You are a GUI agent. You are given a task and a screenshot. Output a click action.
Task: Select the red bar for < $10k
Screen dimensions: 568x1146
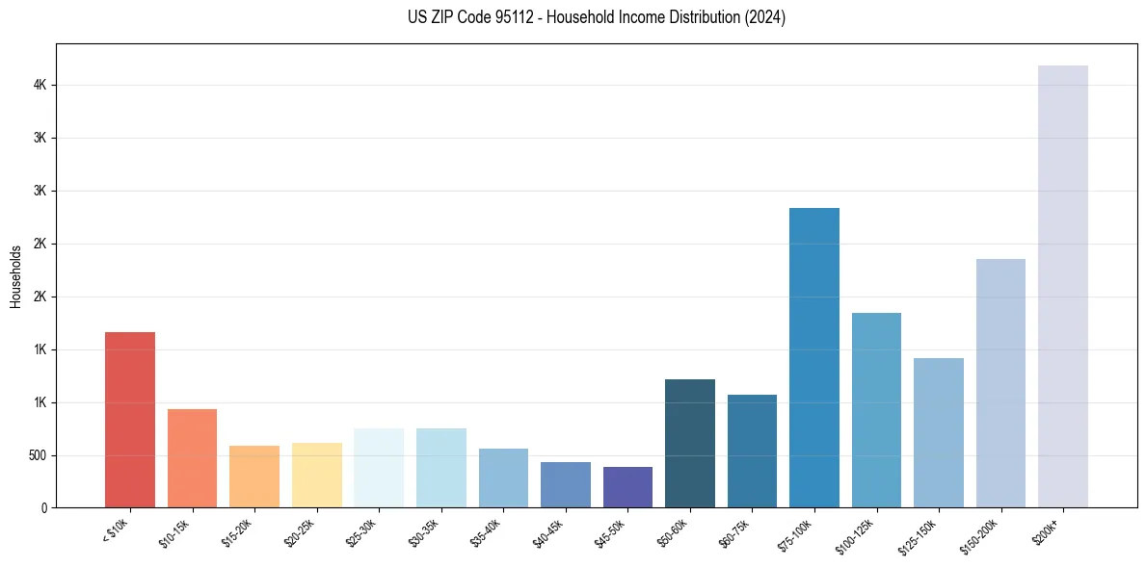click(x=130, y=420)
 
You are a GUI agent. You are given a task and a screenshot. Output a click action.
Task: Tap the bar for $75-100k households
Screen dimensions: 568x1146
click(x=814, y=357)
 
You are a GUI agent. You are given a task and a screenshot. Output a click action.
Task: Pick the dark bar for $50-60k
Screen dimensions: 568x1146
click(x=690, y=443)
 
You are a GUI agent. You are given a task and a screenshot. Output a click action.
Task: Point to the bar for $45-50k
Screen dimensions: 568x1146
click(x=627, y=487)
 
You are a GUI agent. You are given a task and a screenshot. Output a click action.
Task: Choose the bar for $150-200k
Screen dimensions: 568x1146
click(x=1000, y=383)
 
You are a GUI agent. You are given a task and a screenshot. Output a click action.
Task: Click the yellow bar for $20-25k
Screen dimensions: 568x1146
click(x=317, y=475)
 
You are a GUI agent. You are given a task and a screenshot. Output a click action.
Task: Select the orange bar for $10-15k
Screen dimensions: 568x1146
click(x=192, y=458)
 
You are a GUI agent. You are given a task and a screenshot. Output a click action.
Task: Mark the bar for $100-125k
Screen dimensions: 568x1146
click(x=876, y=410)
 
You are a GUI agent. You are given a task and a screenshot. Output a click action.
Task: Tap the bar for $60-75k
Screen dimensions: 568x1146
click(x=752, y=451)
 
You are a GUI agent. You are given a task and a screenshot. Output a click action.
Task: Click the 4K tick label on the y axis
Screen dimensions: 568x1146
click(x=40, y=86)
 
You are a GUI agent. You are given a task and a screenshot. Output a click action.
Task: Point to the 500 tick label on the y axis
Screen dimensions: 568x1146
click(x=38, y=455)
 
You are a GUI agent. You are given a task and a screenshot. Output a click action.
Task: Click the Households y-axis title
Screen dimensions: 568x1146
click(x=15, y=276)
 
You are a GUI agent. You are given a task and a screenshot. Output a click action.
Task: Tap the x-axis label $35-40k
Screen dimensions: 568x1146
click(x=487, y=531)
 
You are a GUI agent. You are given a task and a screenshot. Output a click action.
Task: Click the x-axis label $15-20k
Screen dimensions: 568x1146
click(x=238, y=531)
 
